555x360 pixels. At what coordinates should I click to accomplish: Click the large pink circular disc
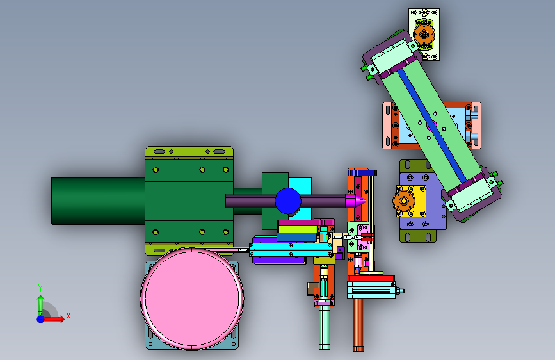click(x=192, y=299)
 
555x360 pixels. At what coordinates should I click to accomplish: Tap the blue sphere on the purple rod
click(x=288, y=201)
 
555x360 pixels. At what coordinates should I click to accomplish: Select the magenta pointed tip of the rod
click(x=355, y=201)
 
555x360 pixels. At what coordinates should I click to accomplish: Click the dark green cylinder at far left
click(x=98, y=201)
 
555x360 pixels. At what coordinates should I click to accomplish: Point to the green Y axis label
click(x=40, y=288)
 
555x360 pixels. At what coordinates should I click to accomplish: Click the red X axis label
click(x=68, y=316)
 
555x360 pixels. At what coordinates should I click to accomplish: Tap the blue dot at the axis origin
click(x=41, y=319)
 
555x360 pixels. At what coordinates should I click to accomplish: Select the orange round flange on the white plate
click(x=424, y=35)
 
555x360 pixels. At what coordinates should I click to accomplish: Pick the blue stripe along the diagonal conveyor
click(x=432, y=126)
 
